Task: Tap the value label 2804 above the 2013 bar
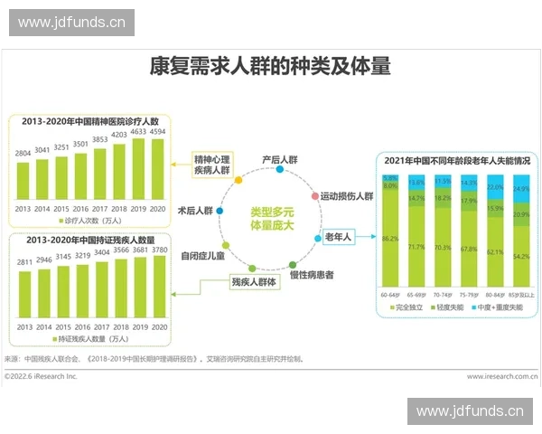[x=23, y=154]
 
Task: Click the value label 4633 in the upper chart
[x=138, y=132]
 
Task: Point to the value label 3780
[x=158, y=250]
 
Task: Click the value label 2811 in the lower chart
[x=23, y=262]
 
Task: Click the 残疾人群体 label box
[x=254, y=282]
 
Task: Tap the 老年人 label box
[x=338, y=237]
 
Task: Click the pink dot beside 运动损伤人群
[x=314, y=195]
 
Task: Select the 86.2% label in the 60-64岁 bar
[x=390, y=239]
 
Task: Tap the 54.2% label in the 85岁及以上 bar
[x=521, y=257]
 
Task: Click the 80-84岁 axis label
[x=495, y=294]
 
